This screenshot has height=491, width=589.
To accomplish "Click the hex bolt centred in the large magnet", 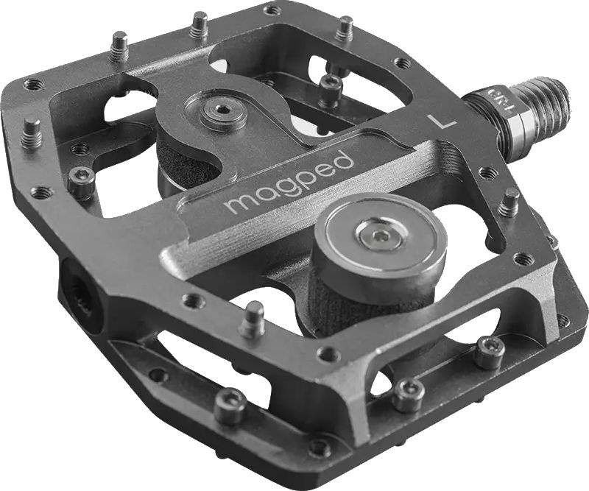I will coord(375,236).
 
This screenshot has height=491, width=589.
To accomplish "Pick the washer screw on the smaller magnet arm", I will coord(220,111).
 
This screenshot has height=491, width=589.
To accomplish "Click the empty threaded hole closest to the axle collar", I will coord(485,174).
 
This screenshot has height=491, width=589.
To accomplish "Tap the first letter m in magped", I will coord(238,203).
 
